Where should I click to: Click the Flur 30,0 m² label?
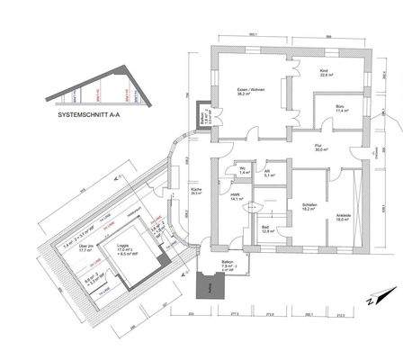pyautogui.click(x=320, y=148)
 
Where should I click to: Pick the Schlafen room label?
pyautogui.click(x=308, y=205)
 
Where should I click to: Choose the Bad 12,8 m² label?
pyautogui.click(x=267, y=229)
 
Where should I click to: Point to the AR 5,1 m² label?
pyautogui.click(x=269, y=174)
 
